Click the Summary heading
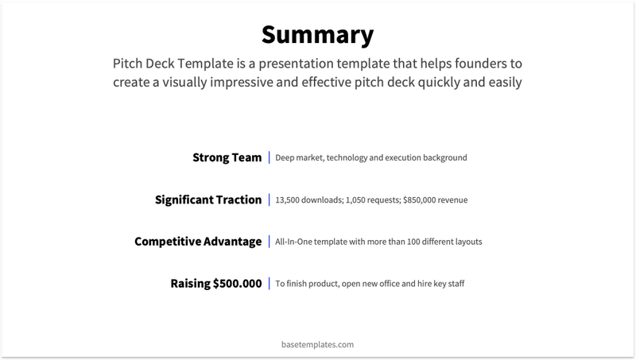tap(317, 35)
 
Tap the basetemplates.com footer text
tap(317, 345)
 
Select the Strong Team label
tap(227, 157)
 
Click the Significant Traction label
tap(207, 199)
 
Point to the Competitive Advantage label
tap(198, 241)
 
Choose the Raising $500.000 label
tap(215, 283)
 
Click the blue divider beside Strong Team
tap(269, 157)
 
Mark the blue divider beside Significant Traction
tap(269, 199)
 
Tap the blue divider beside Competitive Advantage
tap(269, 241)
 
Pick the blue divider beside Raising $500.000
tap(269, 283)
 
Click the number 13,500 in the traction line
tap(288, 199)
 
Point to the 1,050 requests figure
tap(357, 199)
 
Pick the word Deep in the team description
tap(285, 158)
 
